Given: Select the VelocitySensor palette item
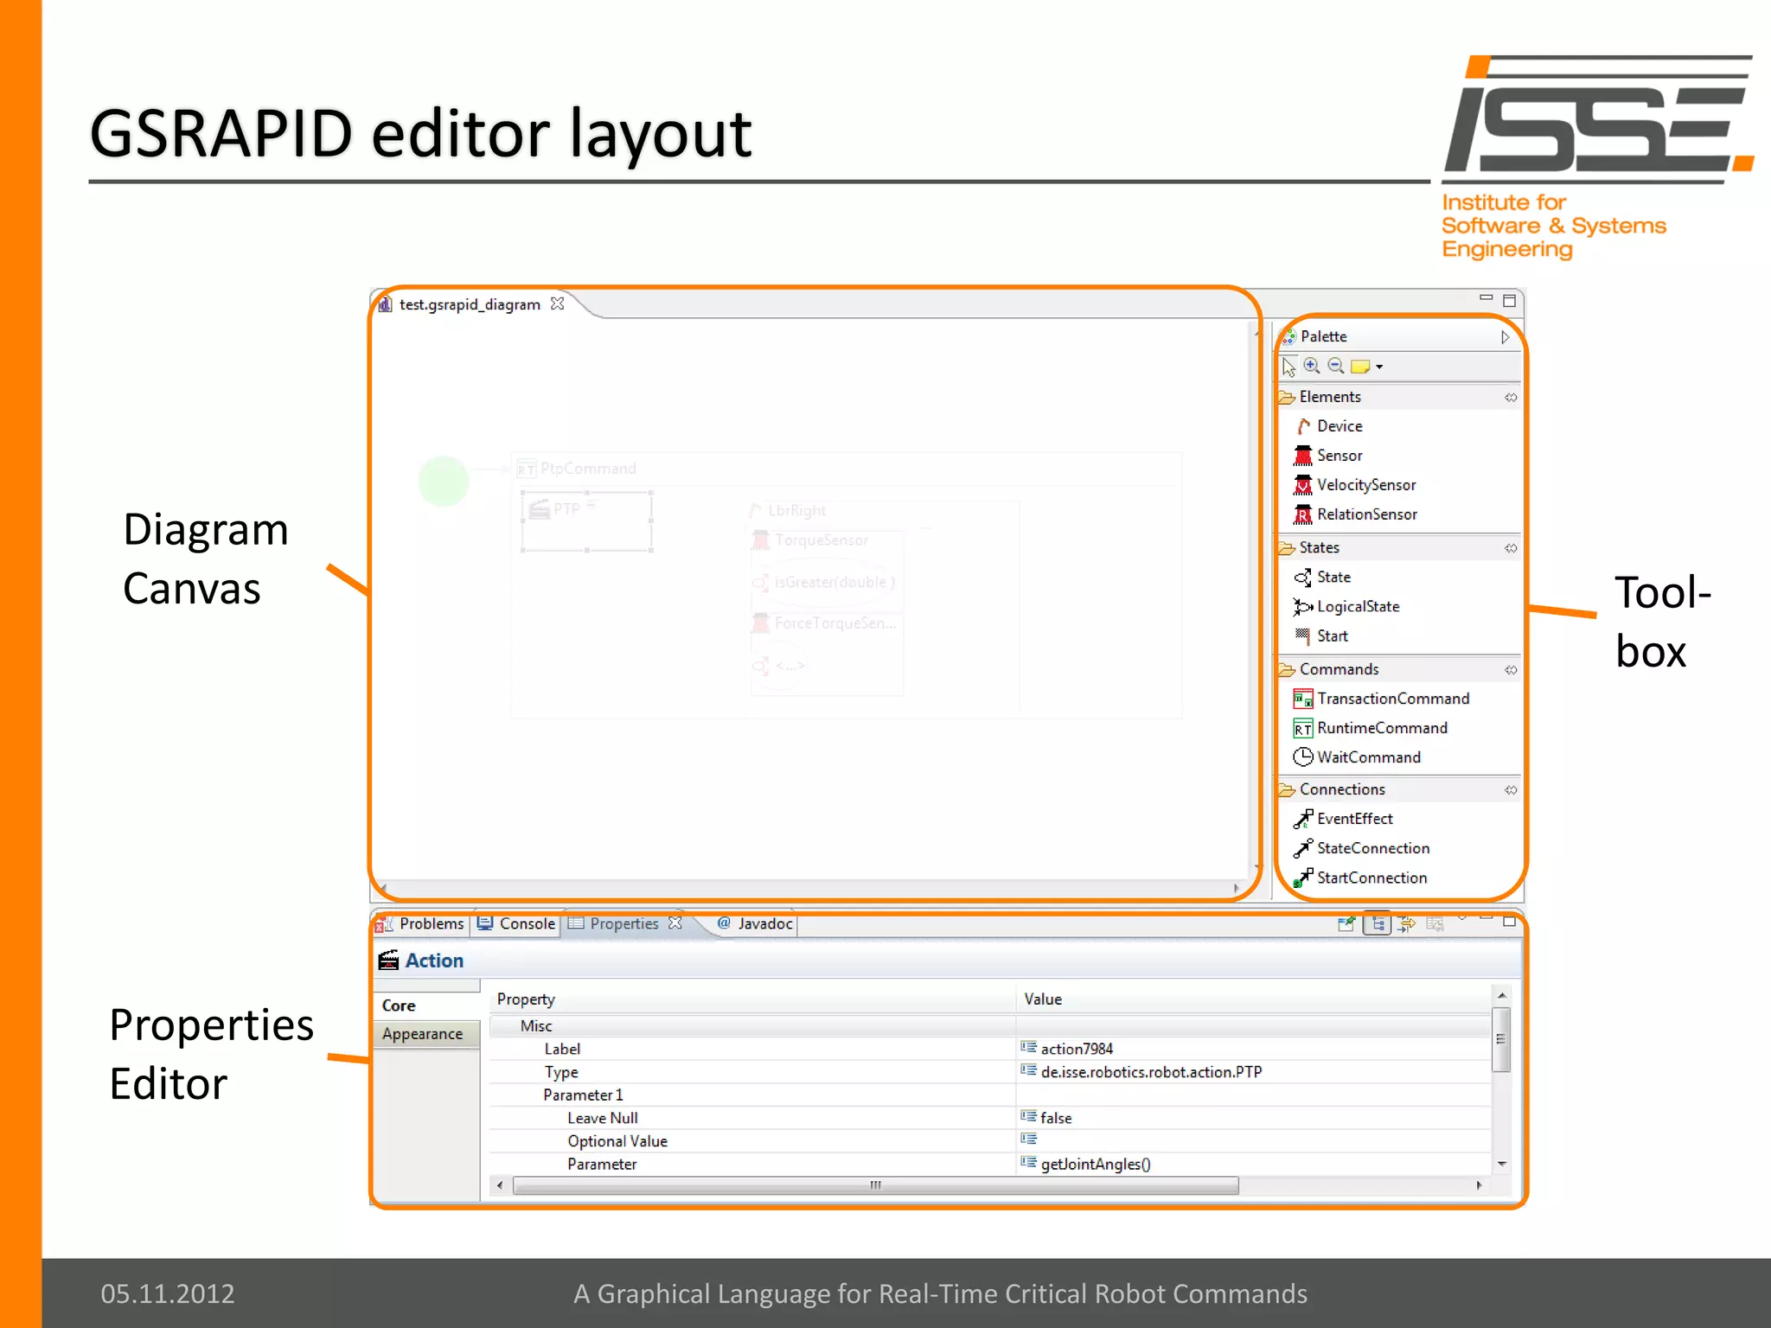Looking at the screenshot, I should pos(1365,485).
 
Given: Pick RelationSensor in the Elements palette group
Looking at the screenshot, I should pos(1366,514).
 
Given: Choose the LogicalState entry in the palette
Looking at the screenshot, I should pos(1358,607).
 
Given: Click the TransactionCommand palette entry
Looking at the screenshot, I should pos(1392,699).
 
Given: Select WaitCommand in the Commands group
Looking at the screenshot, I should pos(1368,757).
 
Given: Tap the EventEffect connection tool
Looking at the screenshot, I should pos(1354,819).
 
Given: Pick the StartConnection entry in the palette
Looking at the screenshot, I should pos(1371,878).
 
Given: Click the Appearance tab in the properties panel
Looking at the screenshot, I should pos(422,1034).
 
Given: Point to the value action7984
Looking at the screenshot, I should pos(1077,1049).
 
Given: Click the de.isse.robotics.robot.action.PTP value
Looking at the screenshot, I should pos(1151,1072).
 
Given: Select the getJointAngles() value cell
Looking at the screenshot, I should pos(1096,1165).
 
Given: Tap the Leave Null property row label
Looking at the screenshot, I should pos(602,1118).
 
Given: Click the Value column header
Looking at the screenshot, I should pos(1043,999).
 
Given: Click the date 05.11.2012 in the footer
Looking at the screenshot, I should pos(168,1293).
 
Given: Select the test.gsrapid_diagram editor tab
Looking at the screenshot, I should pos(470,304).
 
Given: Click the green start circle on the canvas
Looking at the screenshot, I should pos(444,482).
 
